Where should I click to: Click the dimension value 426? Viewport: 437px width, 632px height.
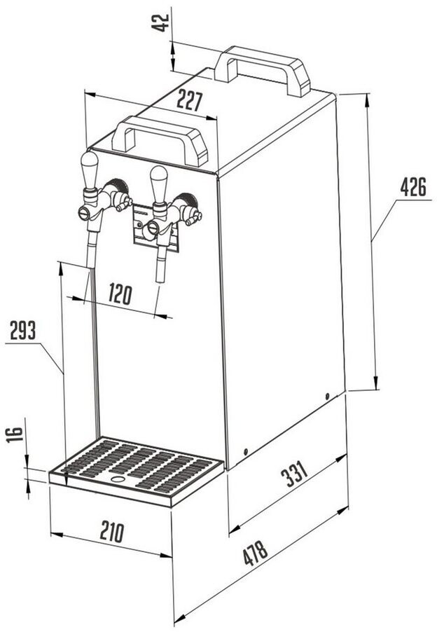[x=413, y=188]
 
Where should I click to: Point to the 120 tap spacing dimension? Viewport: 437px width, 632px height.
[x=120, y=295]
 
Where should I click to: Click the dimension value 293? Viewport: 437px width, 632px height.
[x=23, y=331]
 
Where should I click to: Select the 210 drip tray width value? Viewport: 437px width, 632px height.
[x=112, y=531]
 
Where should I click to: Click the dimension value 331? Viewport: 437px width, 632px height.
[x=294, y=476]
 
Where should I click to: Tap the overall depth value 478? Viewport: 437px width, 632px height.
[x=255, y=554]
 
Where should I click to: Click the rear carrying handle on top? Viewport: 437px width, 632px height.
[x=263, y=67]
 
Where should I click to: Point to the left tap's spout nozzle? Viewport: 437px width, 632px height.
[x=91, y=249]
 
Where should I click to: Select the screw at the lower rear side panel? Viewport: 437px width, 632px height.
[x=327, y=397]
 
